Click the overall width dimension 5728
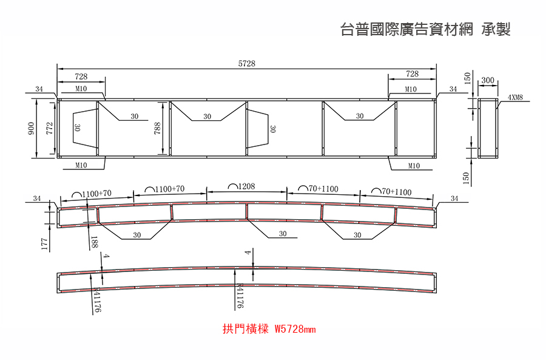point(246,63)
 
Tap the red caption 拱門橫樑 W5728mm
point(269,328)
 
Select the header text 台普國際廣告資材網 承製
point(425,29)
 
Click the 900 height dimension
point(32,128)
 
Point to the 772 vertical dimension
point(50,128)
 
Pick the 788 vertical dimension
point(157,128)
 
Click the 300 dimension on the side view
point(488,80)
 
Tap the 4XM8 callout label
point(515,98)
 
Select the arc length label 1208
point(246,186)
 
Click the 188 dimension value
point(93,242)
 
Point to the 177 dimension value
point(44,244)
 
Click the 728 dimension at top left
point(81,76)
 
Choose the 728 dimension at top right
point(413,73)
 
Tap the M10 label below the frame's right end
point(414,166)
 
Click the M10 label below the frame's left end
point(81,165)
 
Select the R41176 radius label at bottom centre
point(240,296)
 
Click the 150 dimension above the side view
point(467,78)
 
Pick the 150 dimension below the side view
point(467,178)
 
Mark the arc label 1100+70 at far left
point(97,194)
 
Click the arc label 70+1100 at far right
point(397,192)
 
